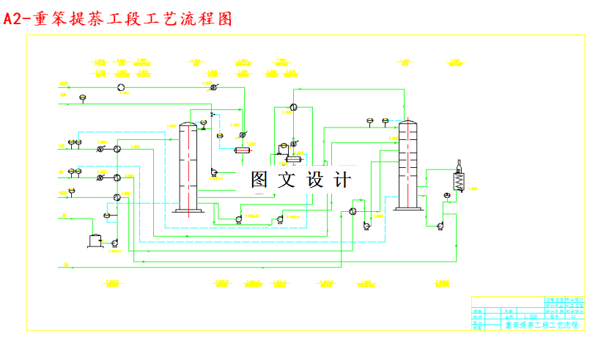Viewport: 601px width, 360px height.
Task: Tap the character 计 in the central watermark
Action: pyautogui.click(x=342, y=180)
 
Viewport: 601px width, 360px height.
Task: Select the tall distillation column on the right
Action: pyautogui.click(x=408, y=165)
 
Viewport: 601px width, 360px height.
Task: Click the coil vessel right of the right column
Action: pyautogui.click(x=459, y=179)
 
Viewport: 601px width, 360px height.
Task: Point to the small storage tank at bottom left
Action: pyautogui.click(x=95, y=239)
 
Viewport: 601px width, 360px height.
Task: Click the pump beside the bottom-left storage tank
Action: pyautogui.click(x=114, y=243)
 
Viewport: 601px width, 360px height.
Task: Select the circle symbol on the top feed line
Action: pyautogui.click(x=121, y=87)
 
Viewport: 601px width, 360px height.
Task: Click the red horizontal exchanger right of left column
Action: pyautogui.click(x=243, y=150)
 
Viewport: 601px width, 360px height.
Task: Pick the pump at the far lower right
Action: pyautogui.click(x=440, y=225)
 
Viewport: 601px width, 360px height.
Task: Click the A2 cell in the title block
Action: pyautogui.click(x=573, y=317)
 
